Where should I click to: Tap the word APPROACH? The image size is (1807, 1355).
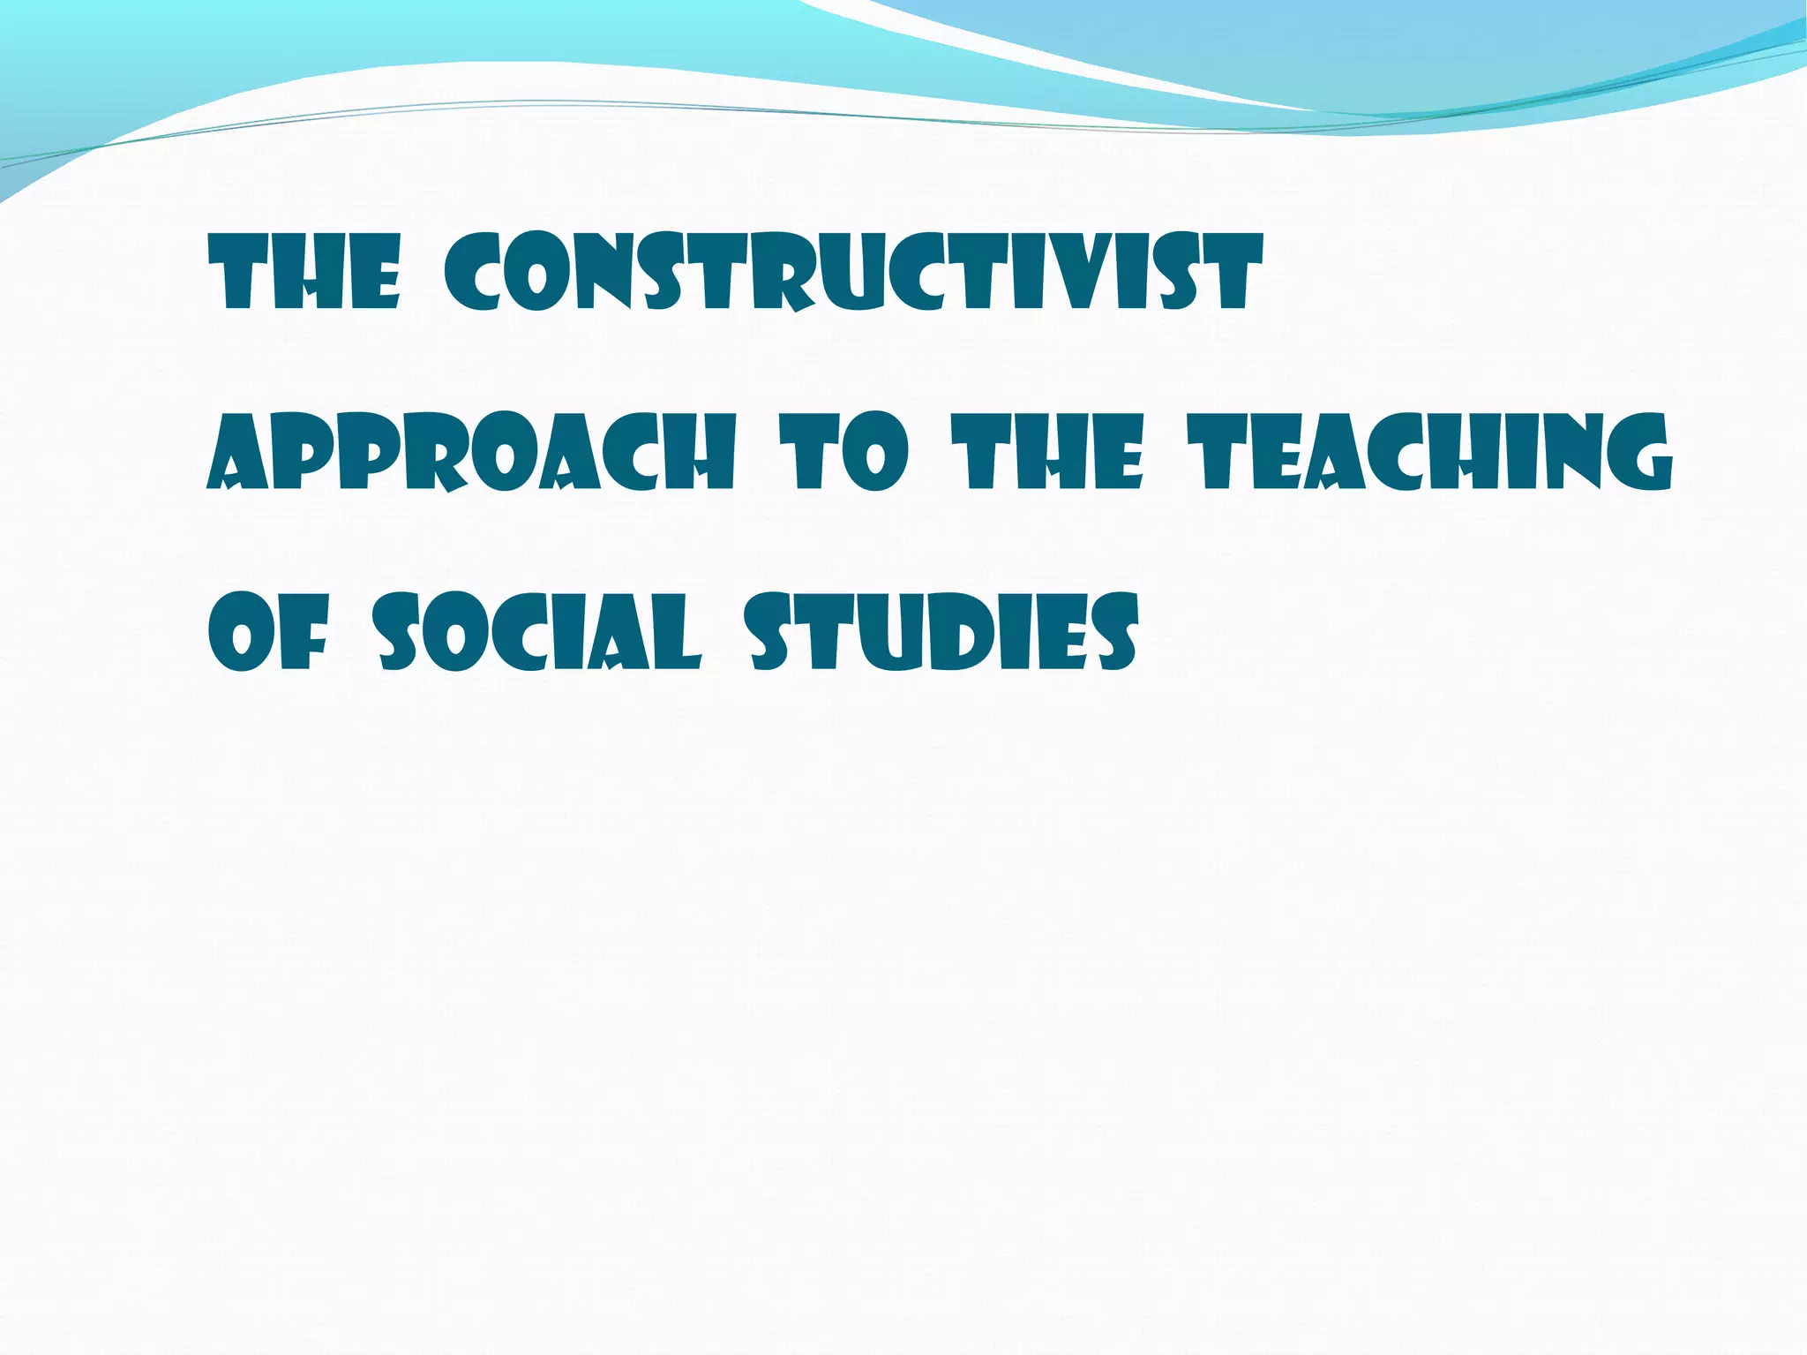click(470, 452)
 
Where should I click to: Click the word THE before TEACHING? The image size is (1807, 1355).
click(1053, 452)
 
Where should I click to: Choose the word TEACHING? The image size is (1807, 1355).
click(1428, 452)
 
